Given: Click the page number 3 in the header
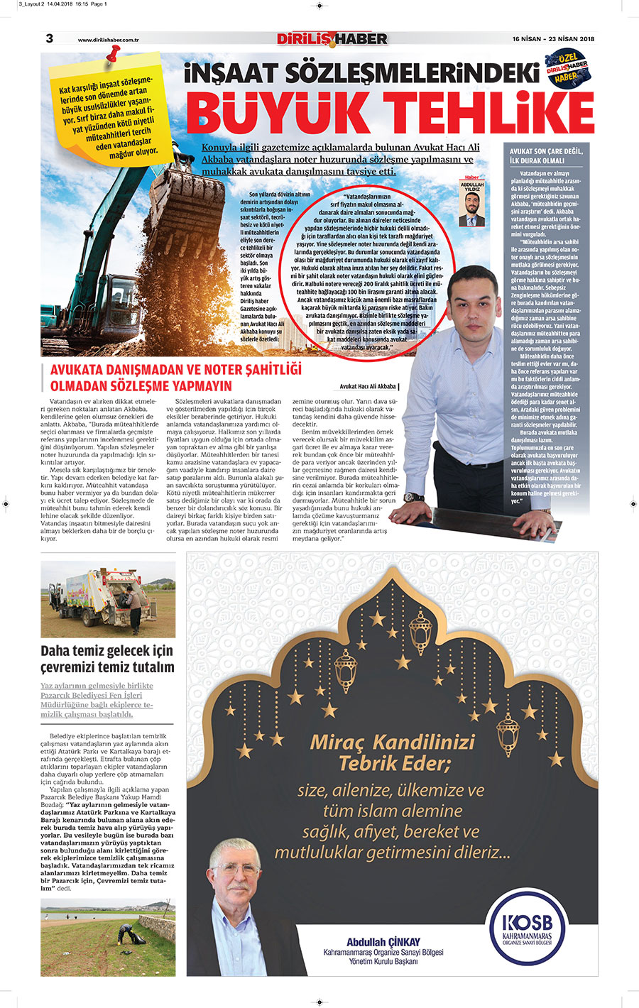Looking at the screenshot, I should point(49,38).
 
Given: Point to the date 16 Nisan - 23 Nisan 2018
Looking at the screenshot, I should point(553,39).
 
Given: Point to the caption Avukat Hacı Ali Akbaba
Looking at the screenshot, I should point(368,387).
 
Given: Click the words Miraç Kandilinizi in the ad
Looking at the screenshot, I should point(392,743).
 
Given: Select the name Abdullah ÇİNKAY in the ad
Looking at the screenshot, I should point(383,941).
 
